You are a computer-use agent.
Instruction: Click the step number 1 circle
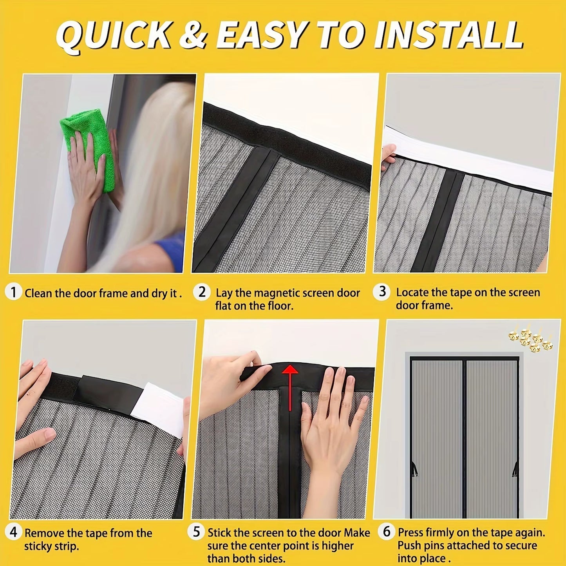(x=13, y=293)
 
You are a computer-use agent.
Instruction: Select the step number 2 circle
(x=202, y=292)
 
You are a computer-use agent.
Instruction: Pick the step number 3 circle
(x=382, y=292)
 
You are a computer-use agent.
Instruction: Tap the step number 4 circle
(x=13, y=532)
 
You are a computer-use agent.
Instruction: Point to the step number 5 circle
(x=196, y=532)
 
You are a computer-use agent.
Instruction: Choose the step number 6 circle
(x=387, y=532)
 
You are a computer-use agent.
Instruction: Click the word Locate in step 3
(x=412, y=293)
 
